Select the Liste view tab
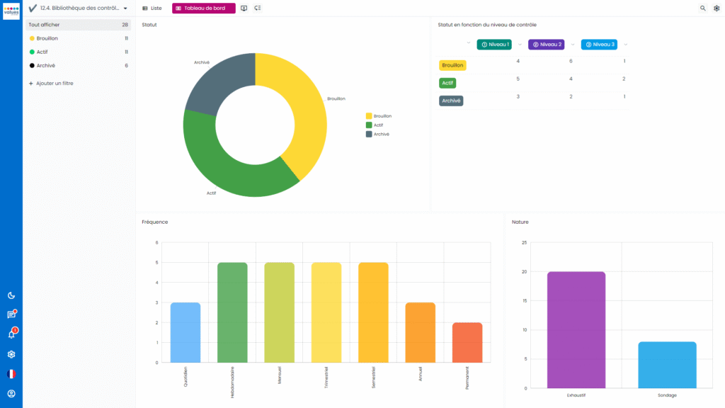[152, 8]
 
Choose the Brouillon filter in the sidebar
[47, 38]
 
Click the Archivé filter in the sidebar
[45, 65]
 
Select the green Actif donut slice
[227, 170]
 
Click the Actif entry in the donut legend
[378, 125]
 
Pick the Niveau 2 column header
[546, 45]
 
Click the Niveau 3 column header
[599, 45]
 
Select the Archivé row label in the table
[451, 101]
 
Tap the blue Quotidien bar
[185, 333]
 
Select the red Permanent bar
[467, 343]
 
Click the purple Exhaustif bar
[576, 329]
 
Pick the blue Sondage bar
[667, 365]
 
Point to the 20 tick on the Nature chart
[525, 272]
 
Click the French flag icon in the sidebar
[11, 374]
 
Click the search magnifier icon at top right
[703, 8]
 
